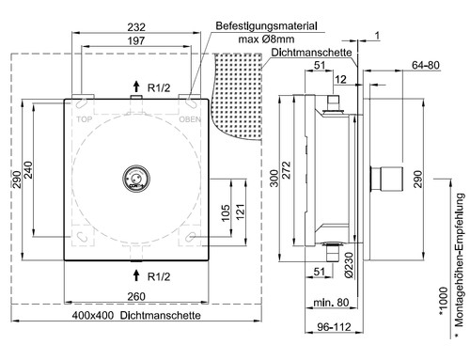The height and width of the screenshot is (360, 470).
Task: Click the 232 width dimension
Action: point(136,27)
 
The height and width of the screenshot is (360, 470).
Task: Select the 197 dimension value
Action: point(136,40)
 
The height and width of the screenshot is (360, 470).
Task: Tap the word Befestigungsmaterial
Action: point(266,25)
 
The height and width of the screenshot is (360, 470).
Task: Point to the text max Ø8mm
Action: point(266,39)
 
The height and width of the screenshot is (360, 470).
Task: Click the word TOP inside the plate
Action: point(85,119)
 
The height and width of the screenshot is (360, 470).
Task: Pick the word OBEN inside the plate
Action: point(190,119)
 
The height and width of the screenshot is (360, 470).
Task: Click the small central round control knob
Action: point(136,179)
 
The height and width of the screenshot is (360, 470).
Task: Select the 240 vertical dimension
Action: point(28,170)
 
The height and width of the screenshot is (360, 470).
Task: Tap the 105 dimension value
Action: point(226,213)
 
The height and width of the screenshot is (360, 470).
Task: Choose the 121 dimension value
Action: point(240,211)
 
